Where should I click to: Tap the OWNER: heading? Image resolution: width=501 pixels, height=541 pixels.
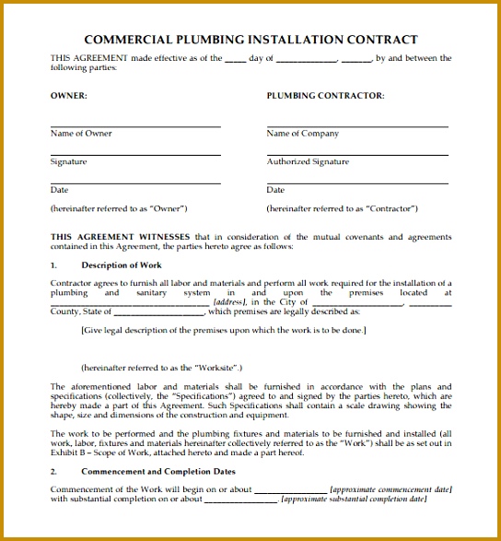(69, 96)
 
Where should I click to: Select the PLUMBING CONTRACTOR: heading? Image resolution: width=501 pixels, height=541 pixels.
(325, 96)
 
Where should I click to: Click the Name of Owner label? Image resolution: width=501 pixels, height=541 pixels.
(81, 134)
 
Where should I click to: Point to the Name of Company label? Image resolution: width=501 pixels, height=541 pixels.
(302, 134)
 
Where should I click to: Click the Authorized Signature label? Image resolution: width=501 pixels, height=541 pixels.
(308, 162)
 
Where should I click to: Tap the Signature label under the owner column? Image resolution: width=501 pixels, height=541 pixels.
(68, 162)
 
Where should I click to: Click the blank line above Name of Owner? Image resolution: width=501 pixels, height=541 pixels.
(135, 126)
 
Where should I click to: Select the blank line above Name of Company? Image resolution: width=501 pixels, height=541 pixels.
(357, 126)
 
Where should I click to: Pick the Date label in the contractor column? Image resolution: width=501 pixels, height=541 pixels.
(275, 190)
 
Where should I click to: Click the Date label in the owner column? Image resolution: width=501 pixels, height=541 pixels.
(59, 190)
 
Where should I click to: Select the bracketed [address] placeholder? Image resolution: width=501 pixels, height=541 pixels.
(229, 302)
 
